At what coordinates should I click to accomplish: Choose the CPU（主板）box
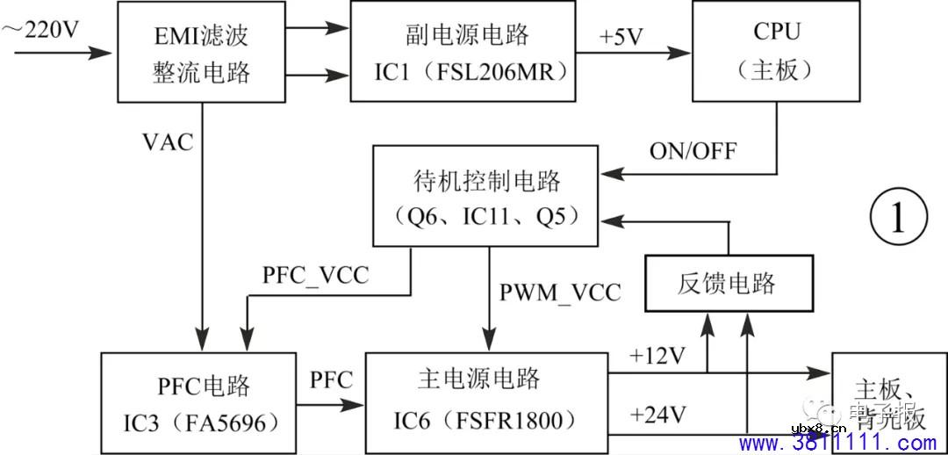777,51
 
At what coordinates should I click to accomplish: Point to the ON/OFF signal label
693,150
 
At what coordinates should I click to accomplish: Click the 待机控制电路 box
486,196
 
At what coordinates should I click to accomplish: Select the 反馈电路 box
727,283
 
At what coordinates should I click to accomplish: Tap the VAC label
168,141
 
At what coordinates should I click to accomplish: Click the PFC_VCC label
315,274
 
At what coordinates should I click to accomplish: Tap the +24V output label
657,414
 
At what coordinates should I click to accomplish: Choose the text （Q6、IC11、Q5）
486,216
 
